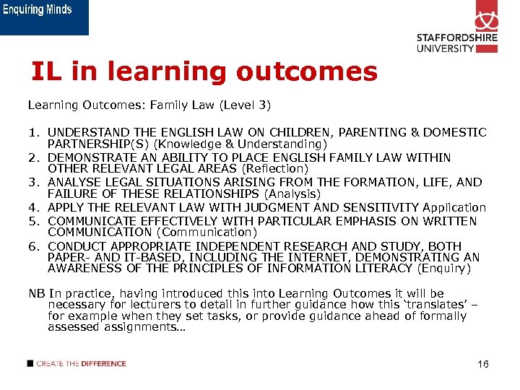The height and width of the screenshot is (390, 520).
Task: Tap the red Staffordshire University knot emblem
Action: (486, 17)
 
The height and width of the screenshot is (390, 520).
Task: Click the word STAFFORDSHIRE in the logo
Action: (457, 39)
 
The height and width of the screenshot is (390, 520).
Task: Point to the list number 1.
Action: (33, 133)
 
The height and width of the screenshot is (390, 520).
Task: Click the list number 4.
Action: (33, 207)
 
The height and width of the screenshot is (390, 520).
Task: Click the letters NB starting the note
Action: (35, 293)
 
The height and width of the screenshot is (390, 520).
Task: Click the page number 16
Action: (482, 364)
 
